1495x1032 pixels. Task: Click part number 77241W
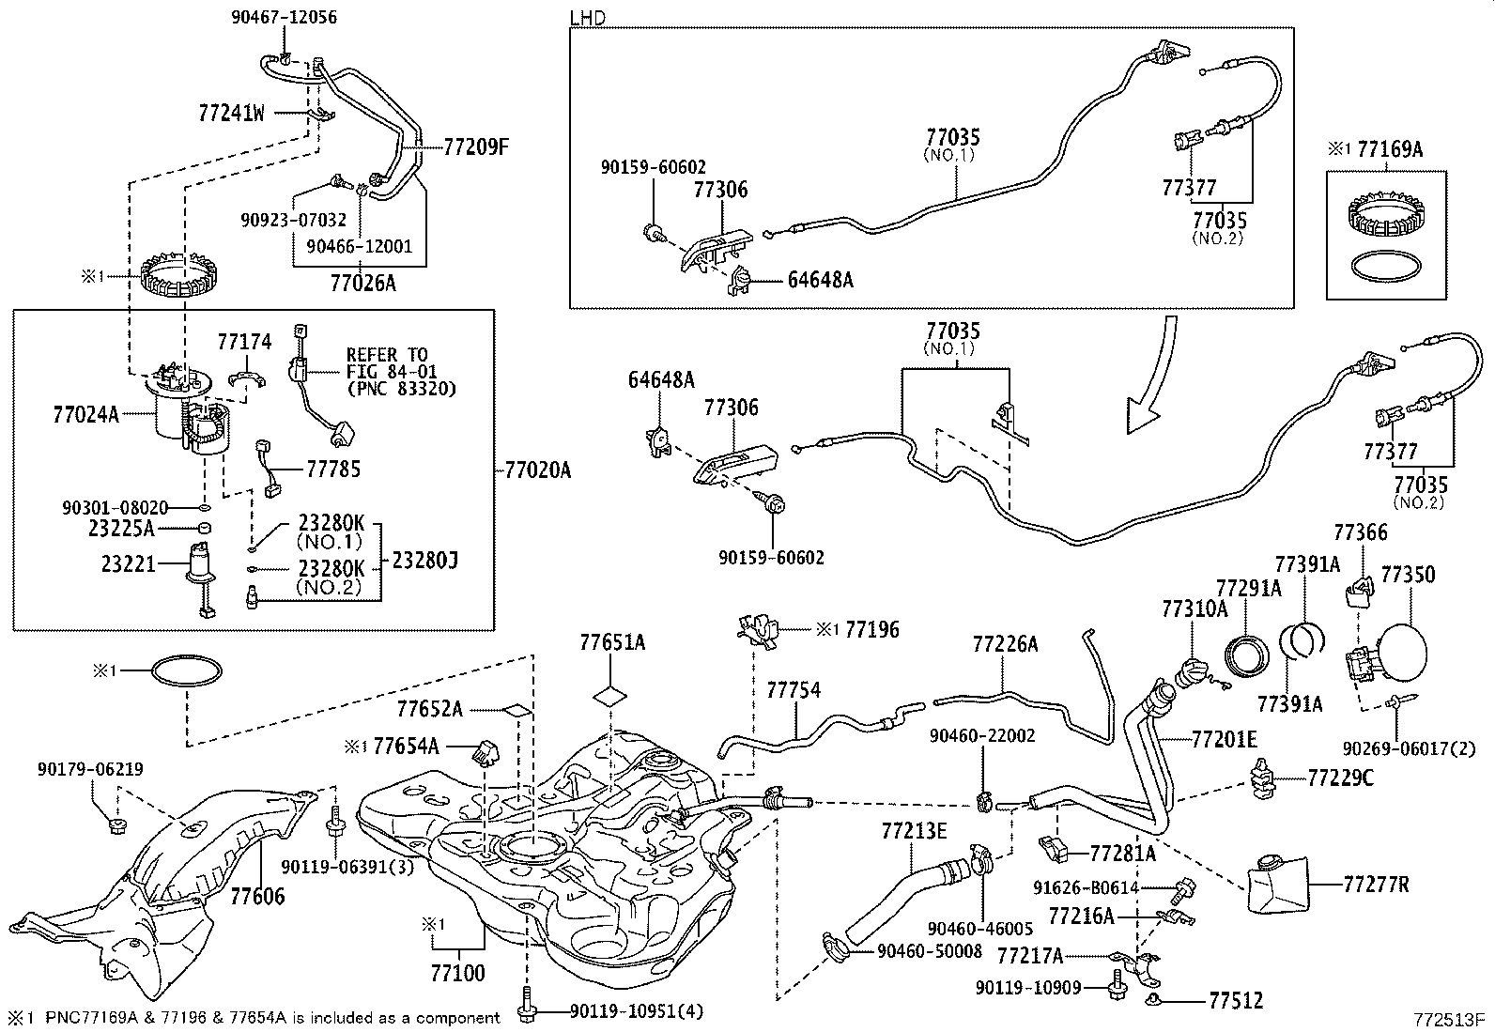[x=231, y=114]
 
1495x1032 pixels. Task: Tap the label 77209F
[x=475, y=146]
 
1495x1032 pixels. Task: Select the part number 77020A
[x=537, y=469]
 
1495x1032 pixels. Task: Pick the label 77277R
[x=1376, y=884]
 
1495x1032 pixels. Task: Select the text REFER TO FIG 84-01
[x=387, y=362]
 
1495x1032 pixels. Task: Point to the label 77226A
[x=1005, y=644]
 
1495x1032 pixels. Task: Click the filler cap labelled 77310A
[x=1192, y=675]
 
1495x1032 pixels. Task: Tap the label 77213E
[x=914, y=830]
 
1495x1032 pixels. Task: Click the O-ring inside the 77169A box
[x=1385, y=266]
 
